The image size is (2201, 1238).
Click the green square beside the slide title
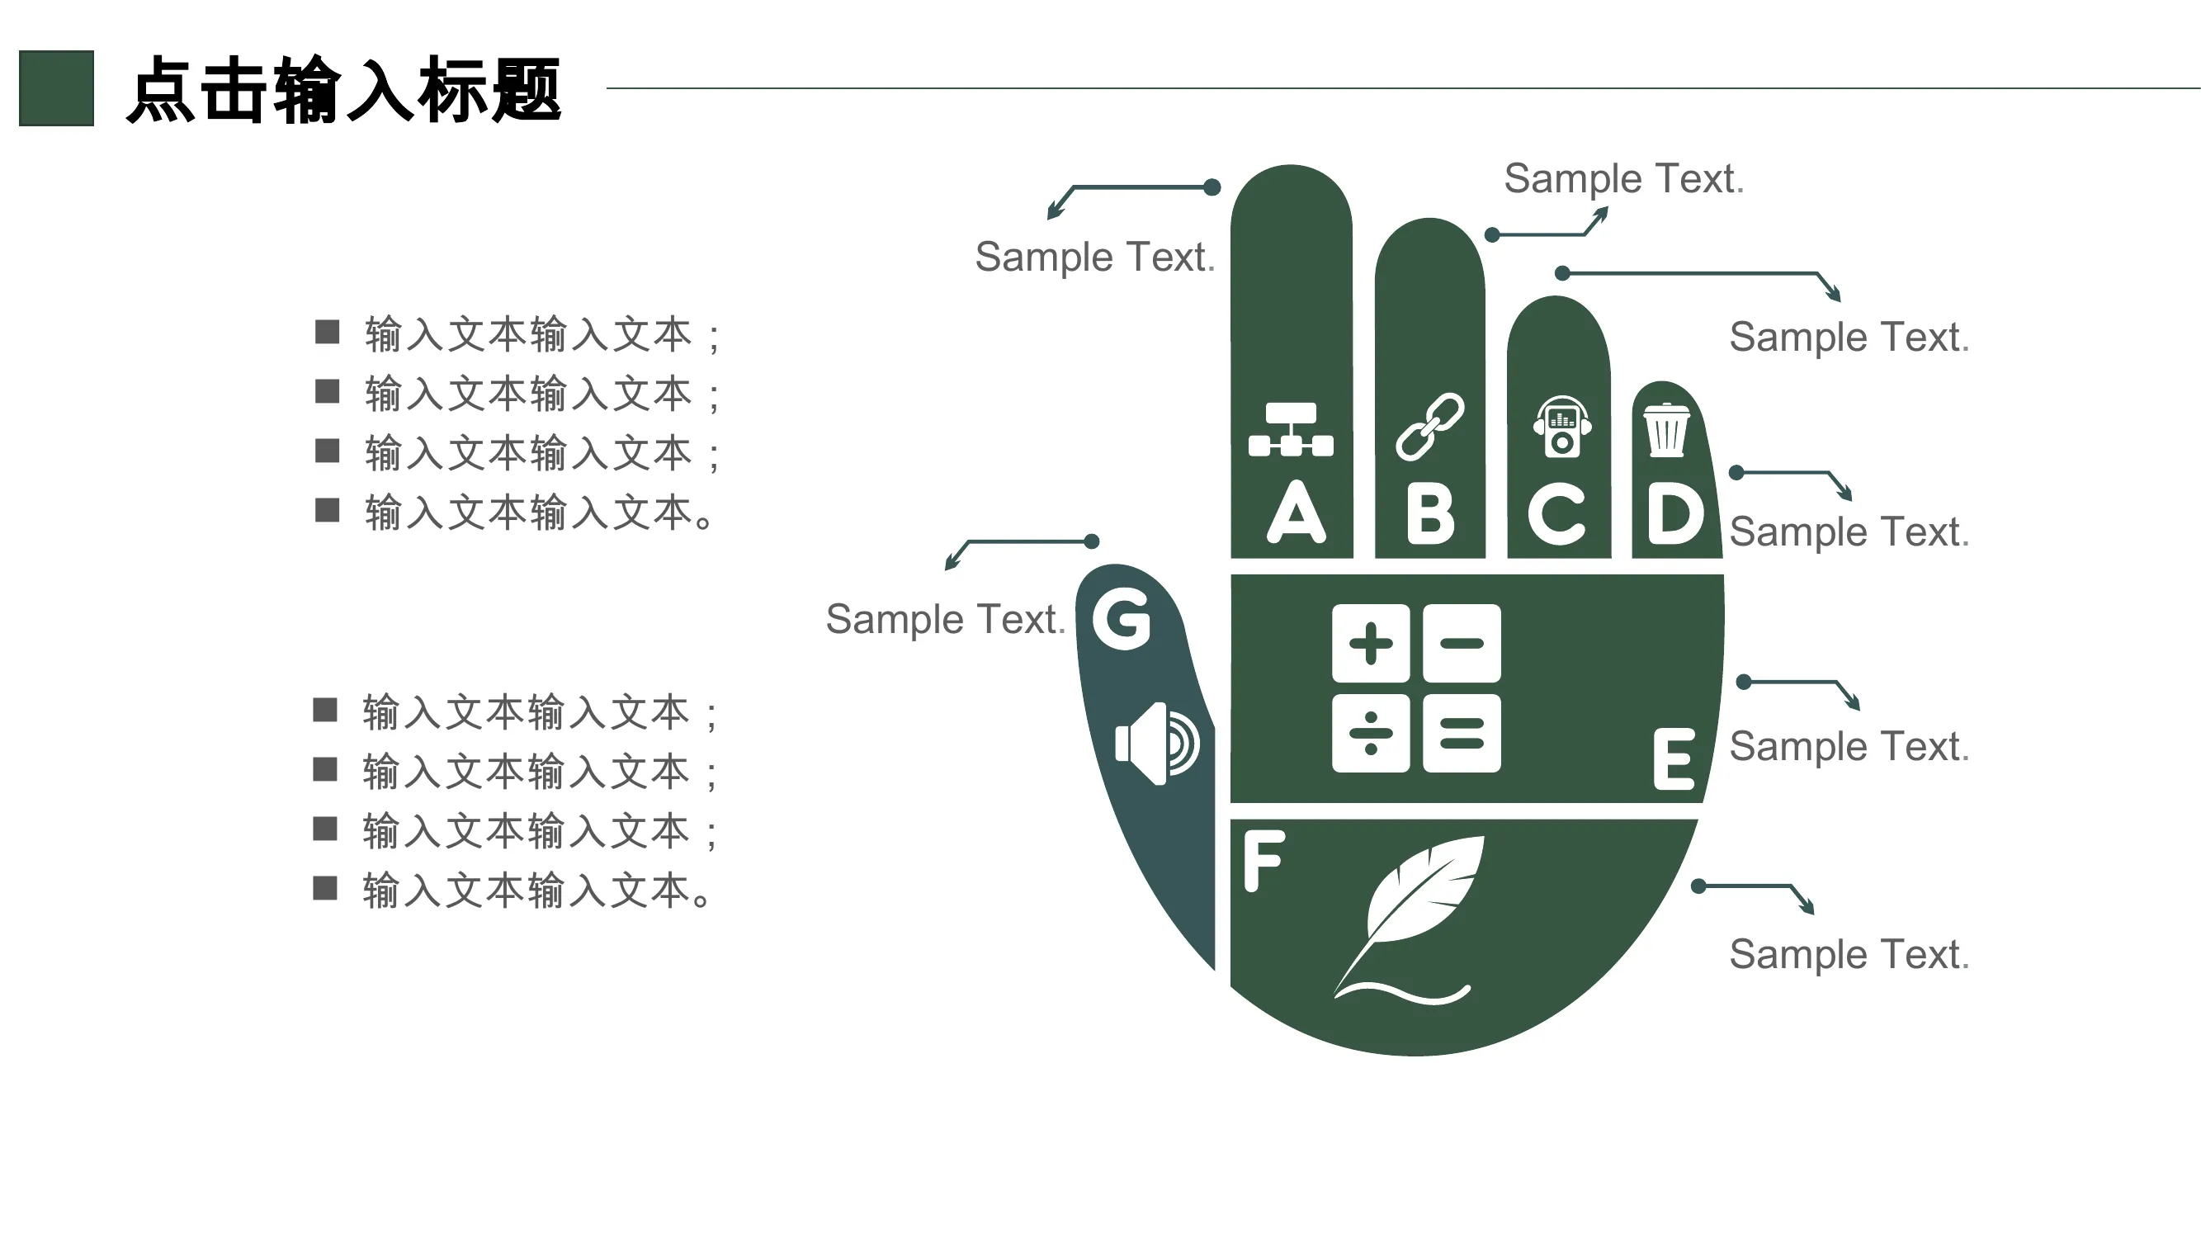[x=56, y=88]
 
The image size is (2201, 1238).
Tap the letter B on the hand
[x=1430, y=513]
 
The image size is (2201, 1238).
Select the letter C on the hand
[x=1556, y=513]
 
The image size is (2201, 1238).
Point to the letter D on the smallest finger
[x=1675, y=513]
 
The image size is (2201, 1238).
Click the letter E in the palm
[x=1674, y=758]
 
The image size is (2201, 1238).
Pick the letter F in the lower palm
[x=1263, y=860]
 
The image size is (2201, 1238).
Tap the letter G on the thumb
[x=1122, y=618]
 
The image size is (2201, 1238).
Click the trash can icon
[x=1666, y=430]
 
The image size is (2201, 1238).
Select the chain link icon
[x=1429, y=427]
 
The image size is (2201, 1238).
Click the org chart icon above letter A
[x=1290, y=429]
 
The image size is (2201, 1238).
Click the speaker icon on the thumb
[x=1157, y=744]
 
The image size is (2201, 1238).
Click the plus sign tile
[x=1371, y=644]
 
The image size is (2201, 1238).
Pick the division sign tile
[x=1371, y=733]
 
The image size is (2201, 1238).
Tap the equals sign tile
[x=1462, y=733]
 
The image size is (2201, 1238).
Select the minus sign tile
[x=1462, y=644]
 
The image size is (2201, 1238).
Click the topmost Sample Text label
[x=1623, y=178]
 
